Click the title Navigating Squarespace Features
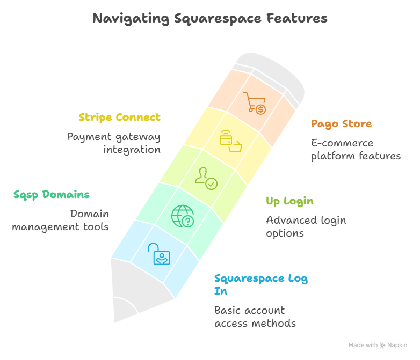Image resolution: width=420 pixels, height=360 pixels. (x=209, y=18)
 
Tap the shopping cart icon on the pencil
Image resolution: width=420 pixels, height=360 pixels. (x=255, y=102)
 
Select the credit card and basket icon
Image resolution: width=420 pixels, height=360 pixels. (x=229, y=141)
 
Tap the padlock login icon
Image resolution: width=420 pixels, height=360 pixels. (x=158, y=253)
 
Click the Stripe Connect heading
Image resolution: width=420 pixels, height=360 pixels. (x=119, y=117)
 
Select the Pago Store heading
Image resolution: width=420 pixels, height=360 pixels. (x=341, y=124)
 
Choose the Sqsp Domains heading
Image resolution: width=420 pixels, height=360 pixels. (x=51, y=194)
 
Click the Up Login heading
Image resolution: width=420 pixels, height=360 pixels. (x=289, y=201)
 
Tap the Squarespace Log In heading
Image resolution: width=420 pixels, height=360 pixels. (x=261, y=284)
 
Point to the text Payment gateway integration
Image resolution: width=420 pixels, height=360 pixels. (x=114, y=143)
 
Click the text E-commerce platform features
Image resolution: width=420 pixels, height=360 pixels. (x=356, y=150)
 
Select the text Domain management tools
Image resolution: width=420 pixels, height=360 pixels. (x=61, y=220)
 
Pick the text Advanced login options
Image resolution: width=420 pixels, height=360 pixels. (x=306, y=226)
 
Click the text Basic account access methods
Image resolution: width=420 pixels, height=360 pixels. (x=255, y=317)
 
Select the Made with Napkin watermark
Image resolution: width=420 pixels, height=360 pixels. (x=378, y=345)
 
